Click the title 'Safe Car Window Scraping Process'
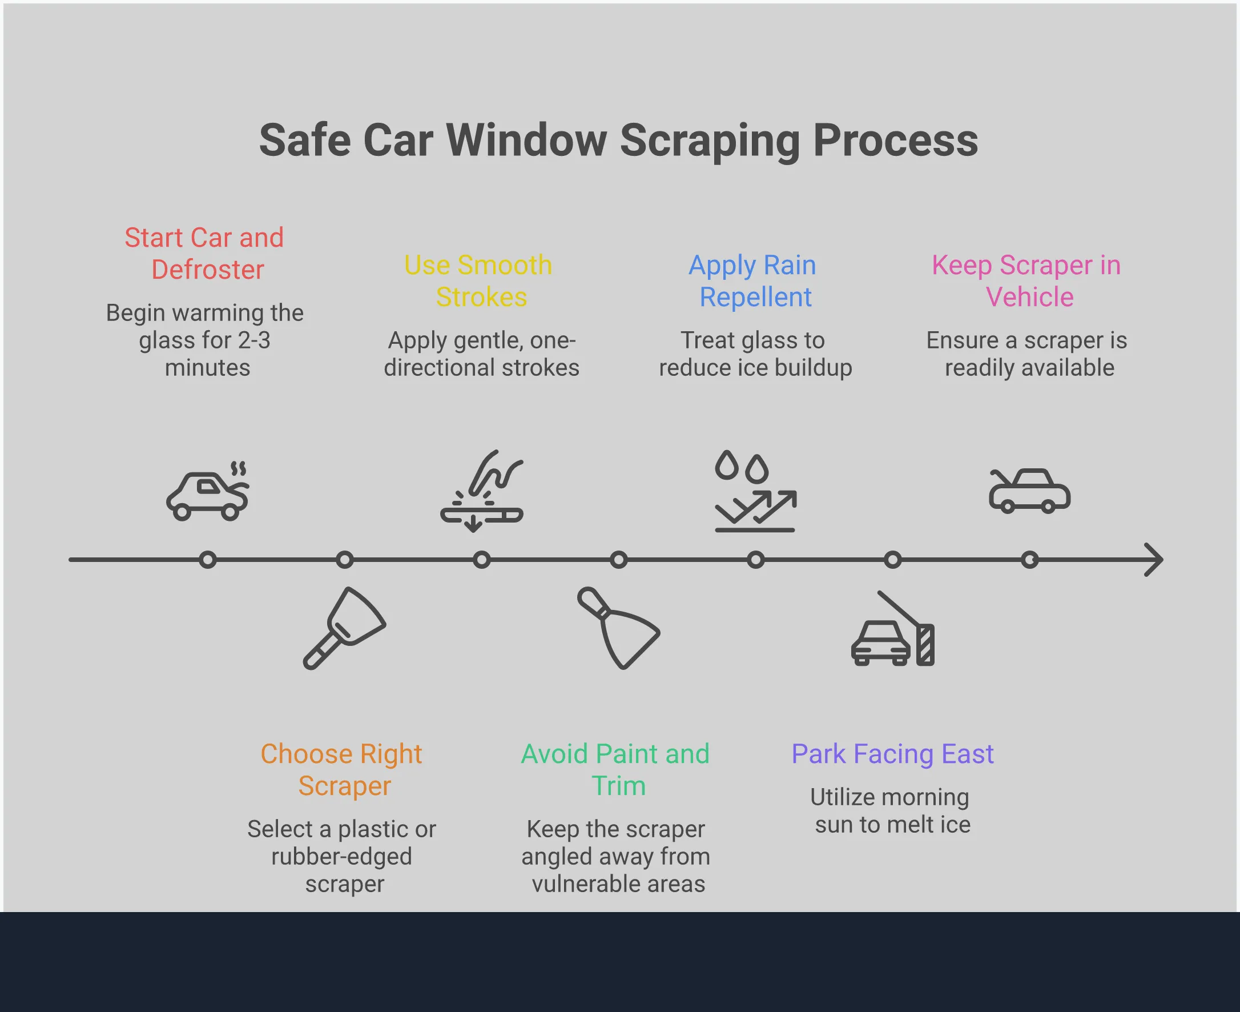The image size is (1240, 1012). click(x=618, y=140)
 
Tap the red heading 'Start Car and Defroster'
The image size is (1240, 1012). click(x=204, y=254)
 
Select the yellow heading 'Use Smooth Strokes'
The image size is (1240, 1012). click(x=478, y=281)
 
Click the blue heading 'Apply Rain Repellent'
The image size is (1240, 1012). click(x=754, y=281)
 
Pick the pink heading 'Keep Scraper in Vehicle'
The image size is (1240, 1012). click(x=1027, y=281)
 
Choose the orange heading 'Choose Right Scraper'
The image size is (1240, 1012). click(x=342, y=769)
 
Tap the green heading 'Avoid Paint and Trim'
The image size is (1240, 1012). click(x=616, y=769)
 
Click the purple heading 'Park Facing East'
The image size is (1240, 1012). click(x=892, y=754)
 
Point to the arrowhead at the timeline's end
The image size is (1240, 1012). click(x=1154, y=560)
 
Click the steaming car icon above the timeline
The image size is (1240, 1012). click(x=208, y=491)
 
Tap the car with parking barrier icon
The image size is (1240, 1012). click(x=892, y=629)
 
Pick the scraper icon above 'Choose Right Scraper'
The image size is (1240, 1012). click(x=344, y=628)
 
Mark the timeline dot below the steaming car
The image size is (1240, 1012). click(x=208, y=560)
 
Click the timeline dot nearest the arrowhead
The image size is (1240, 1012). click(x=1030, y=560)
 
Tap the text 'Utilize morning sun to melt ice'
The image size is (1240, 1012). click(x=891, y=811)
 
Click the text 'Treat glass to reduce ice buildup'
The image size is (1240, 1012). click(x=755, y=354)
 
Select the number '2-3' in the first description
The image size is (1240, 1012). click(x=254, y=340)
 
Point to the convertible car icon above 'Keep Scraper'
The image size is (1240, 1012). click(x=1030, y=491)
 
